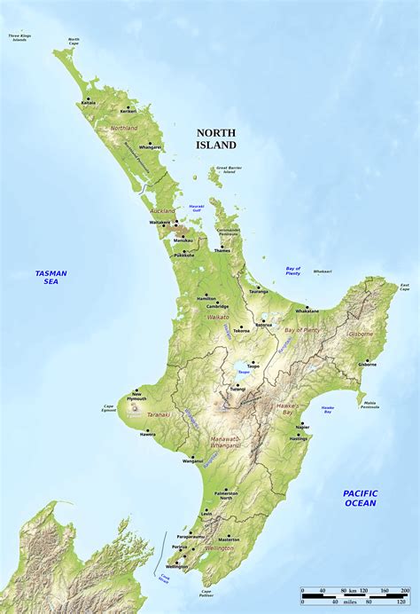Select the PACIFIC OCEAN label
point(361,498)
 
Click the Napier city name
point(302,427)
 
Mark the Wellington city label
point(176,567)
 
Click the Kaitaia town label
point(89,102)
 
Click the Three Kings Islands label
point(19,37)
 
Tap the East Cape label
point(404,287)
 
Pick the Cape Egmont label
point(109,409)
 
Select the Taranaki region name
point(159,414)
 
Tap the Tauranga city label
point(258,291)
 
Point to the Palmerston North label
point(226,496)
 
